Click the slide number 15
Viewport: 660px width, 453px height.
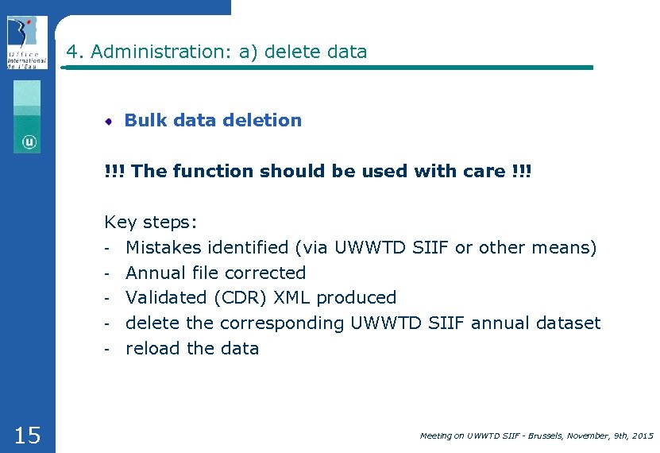coord(27,435)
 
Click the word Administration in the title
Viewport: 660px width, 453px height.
coord(156,52)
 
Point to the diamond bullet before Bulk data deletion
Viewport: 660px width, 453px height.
coord(110,121)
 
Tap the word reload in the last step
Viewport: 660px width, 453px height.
coord(151,349)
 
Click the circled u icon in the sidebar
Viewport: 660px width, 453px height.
coord(29,142)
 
